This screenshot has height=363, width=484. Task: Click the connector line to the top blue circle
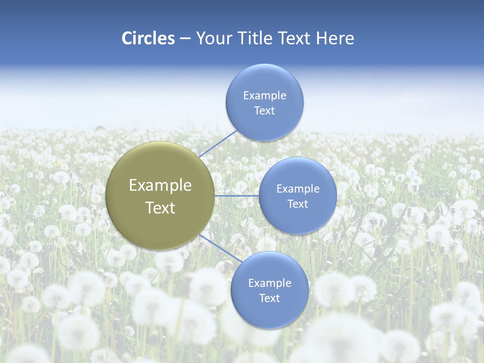point(218,143)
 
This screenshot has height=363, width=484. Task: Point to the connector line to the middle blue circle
point(236,196)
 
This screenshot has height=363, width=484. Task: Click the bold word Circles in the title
point(148,38)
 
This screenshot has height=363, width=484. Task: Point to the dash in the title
point(185,39)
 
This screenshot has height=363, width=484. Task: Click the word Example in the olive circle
point(160,186)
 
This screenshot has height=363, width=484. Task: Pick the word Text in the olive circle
point(160,208)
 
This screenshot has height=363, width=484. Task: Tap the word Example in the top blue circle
point(264,95)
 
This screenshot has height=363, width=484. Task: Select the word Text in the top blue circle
point(264,110)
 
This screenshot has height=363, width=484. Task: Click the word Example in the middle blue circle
point(297,189)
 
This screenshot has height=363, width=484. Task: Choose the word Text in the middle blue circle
point(297,204)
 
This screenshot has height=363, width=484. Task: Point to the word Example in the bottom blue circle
point(269,283)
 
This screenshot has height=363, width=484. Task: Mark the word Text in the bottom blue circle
point(269,298)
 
